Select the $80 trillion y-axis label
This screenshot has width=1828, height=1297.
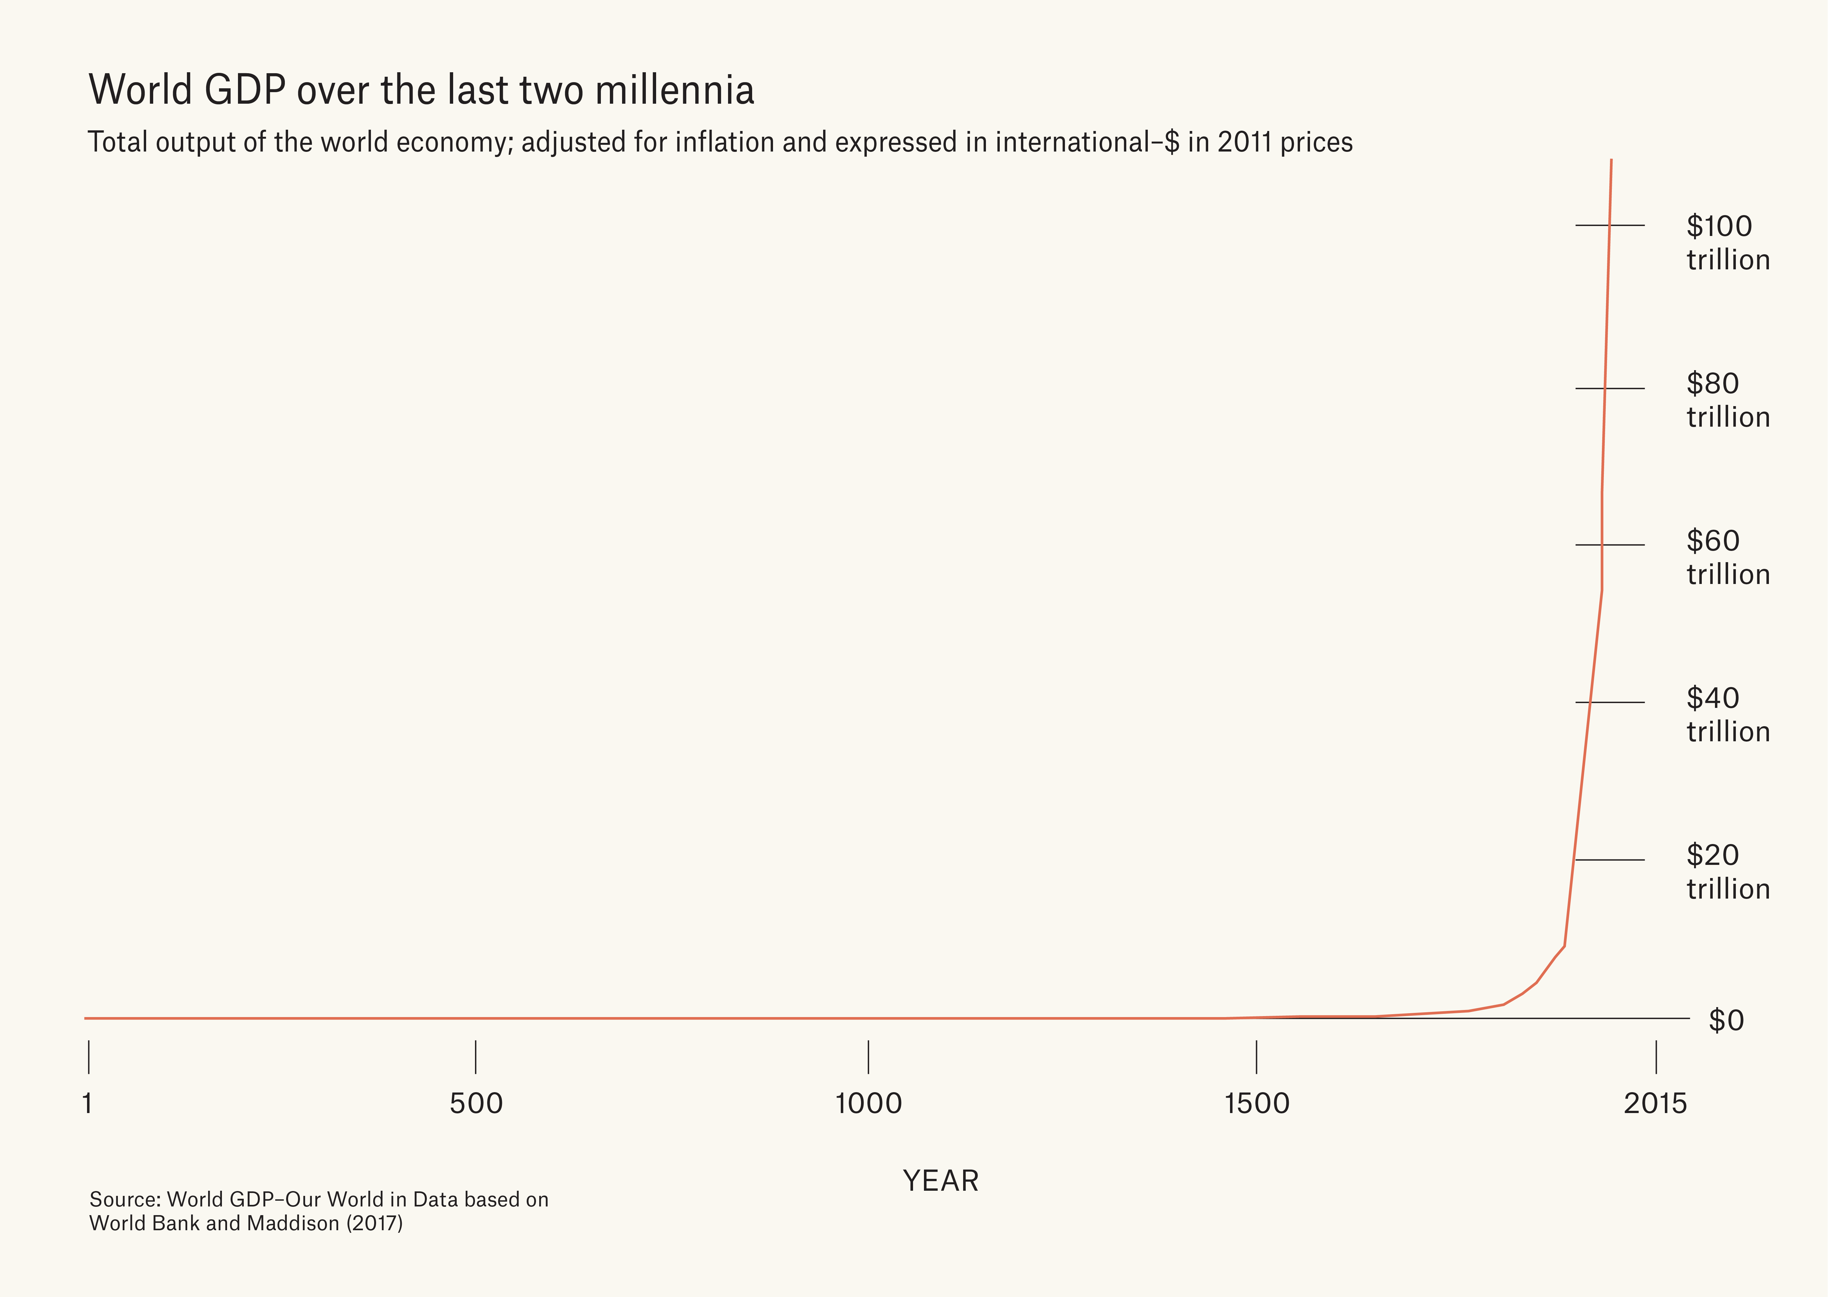(x=1727, y=400)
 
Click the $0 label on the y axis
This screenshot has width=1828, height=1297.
(x=1726, y=1021)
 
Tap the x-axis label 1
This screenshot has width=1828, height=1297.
(x=87, y=1104)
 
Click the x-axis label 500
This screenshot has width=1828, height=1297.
(x=476, y=1104)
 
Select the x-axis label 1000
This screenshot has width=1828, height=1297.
(x=868, y=1104)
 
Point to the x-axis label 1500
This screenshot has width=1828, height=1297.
(x=1257, y=1104)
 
